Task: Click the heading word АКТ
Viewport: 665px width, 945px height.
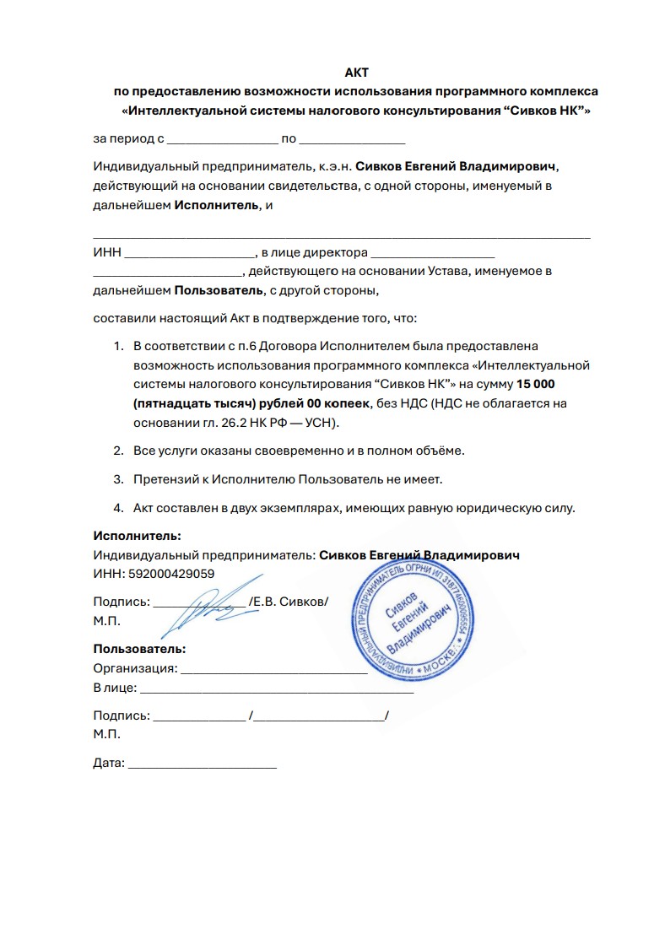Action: point(357,73)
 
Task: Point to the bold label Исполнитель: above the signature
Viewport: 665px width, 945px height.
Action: point(137,536)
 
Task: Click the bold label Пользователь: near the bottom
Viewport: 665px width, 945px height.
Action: point(139,649)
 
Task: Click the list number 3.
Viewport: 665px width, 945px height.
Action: point(119,479)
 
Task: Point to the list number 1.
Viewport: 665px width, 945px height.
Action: point(118,346)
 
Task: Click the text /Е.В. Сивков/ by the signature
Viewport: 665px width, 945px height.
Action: point(289,602)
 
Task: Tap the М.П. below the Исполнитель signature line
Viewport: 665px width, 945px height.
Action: point(107,620)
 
